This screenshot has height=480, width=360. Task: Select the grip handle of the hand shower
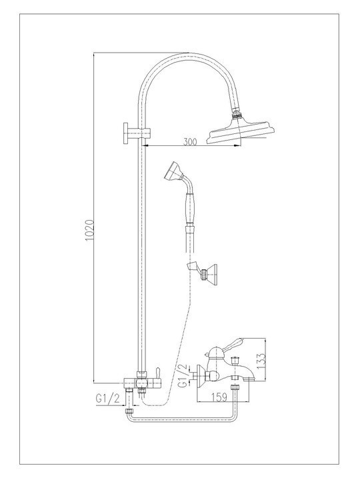point(190,203)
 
